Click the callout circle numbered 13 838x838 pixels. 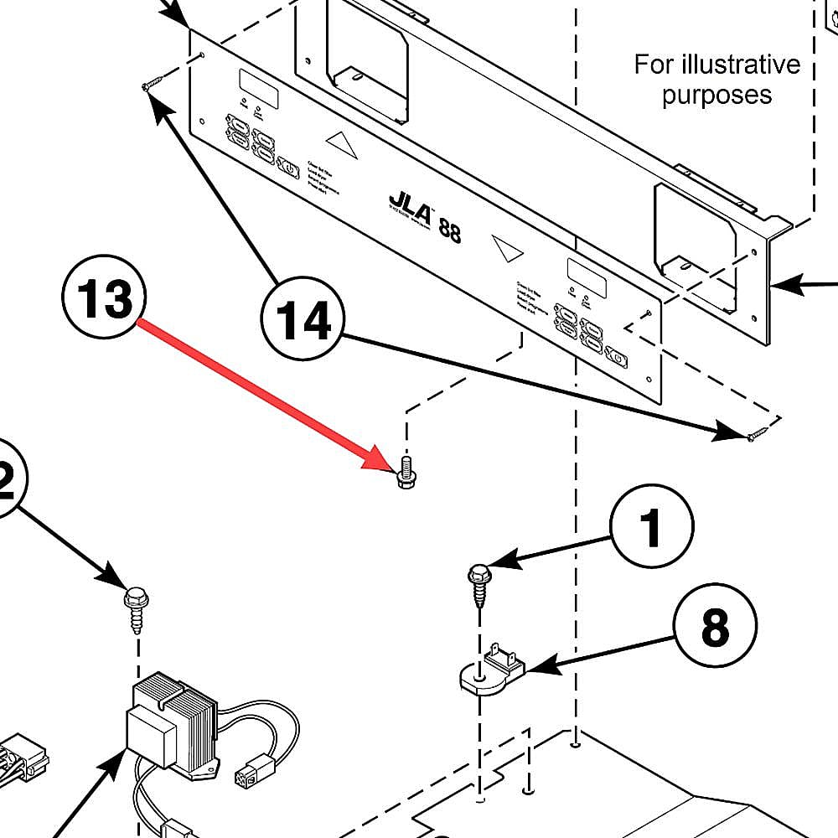point(104,299)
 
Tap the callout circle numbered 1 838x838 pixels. point(651,528)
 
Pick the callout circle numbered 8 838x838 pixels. point(714,626)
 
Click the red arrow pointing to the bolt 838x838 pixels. point(260,391)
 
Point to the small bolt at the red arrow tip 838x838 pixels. point(406,473)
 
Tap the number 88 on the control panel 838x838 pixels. point(449,229)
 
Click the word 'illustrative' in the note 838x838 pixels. point(716,65)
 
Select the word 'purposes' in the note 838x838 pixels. point(716,95)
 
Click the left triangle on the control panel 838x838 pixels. point(341,142)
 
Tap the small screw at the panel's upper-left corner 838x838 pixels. point(152,84)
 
